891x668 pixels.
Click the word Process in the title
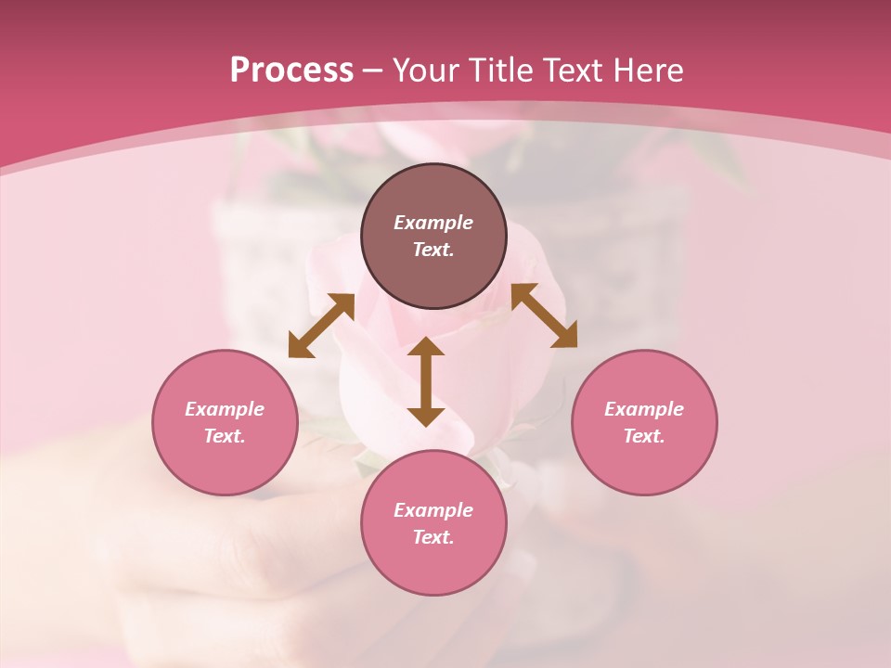pos(291,71)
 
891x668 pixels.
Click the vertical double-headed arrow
pos(426,381)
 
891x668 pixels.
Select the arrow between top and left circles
pos(321,326)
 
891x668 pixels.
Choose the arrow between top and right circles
pos(544,315)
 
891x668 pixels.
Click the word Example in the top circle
pos(433,223)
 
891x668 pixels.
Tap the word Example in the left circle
pos(225,409)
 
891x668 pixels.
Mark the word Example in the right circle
pos(644,409)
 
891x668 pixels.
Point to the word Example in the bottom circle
pos(433,510)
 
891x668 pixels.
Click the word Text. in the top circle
pos(433,250)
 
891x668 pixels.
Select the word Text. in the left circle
pos(225,436)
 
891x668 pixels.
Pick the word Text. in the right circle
pos(644,436)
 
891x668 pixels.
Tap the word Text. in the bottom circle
pos(433,537)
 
